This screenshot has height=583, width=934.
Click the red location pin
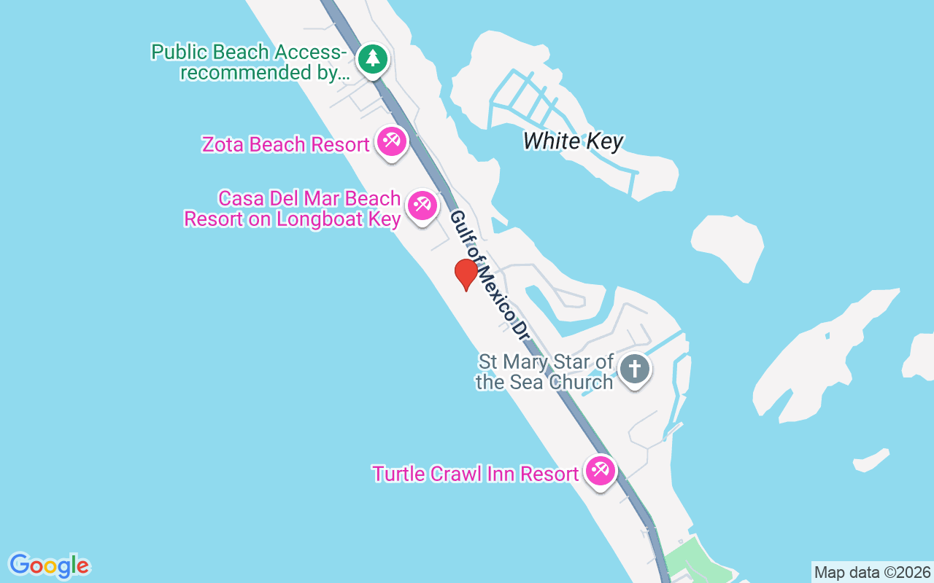point(466,275)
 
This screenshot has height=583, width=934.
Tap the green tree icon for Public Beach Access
point(373,58)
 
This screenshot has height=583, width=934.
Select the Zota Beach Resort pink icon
point(392,141)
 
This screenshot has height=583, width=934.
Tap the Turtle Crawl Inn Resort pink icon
point(601,470)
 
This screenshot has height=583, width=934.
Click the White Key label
point(574,141)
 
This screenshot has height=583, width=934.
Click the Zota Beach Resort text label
point(285,144)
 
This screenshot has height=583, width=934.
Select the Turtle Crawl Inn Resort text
point(475,474)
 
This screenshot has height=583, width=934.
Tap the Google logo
point(49,566)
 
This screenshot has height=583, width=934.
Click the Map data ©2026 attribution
point(872,572)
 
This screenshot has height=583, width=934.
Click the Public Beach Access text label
point(249,63)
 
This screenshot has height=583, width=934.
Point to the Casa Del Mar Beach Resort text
point(292,208)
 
